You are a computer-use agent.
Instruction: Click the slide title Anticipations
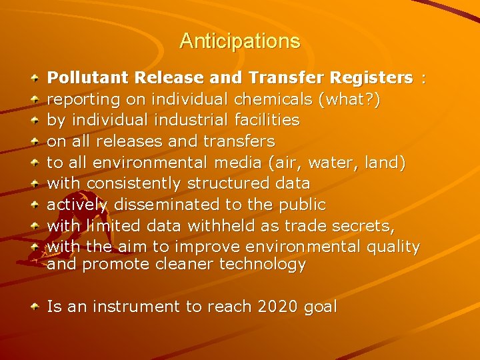(x=239, y=41)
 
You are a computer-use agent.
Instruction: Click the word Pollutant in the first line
(x=79, y=78)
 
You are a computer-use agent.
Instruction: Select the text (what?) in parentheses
(x=351, y=99)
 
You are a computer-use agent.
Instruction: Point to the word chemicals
(x=273, y=99)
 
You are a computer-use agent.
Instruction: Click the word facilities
(x=263, y=120)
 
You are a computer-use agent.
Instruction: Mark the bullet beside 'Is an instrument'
(x=35, y=307)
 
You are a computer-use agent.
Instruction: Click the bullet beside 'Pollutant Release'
(x=35, y=79)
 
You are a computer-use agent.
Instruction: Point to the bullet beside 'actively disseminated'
(x=35, y=204)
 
